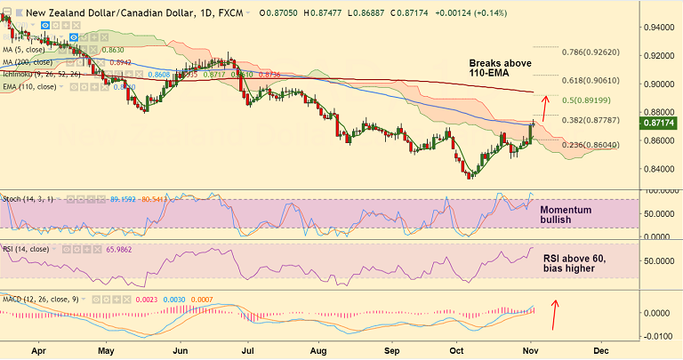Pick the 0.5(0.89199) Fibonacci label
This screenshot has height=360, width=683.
click(x=592, y=99)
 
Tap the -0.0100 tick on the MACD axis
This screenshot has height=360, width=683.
click(x=655, y=336)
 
